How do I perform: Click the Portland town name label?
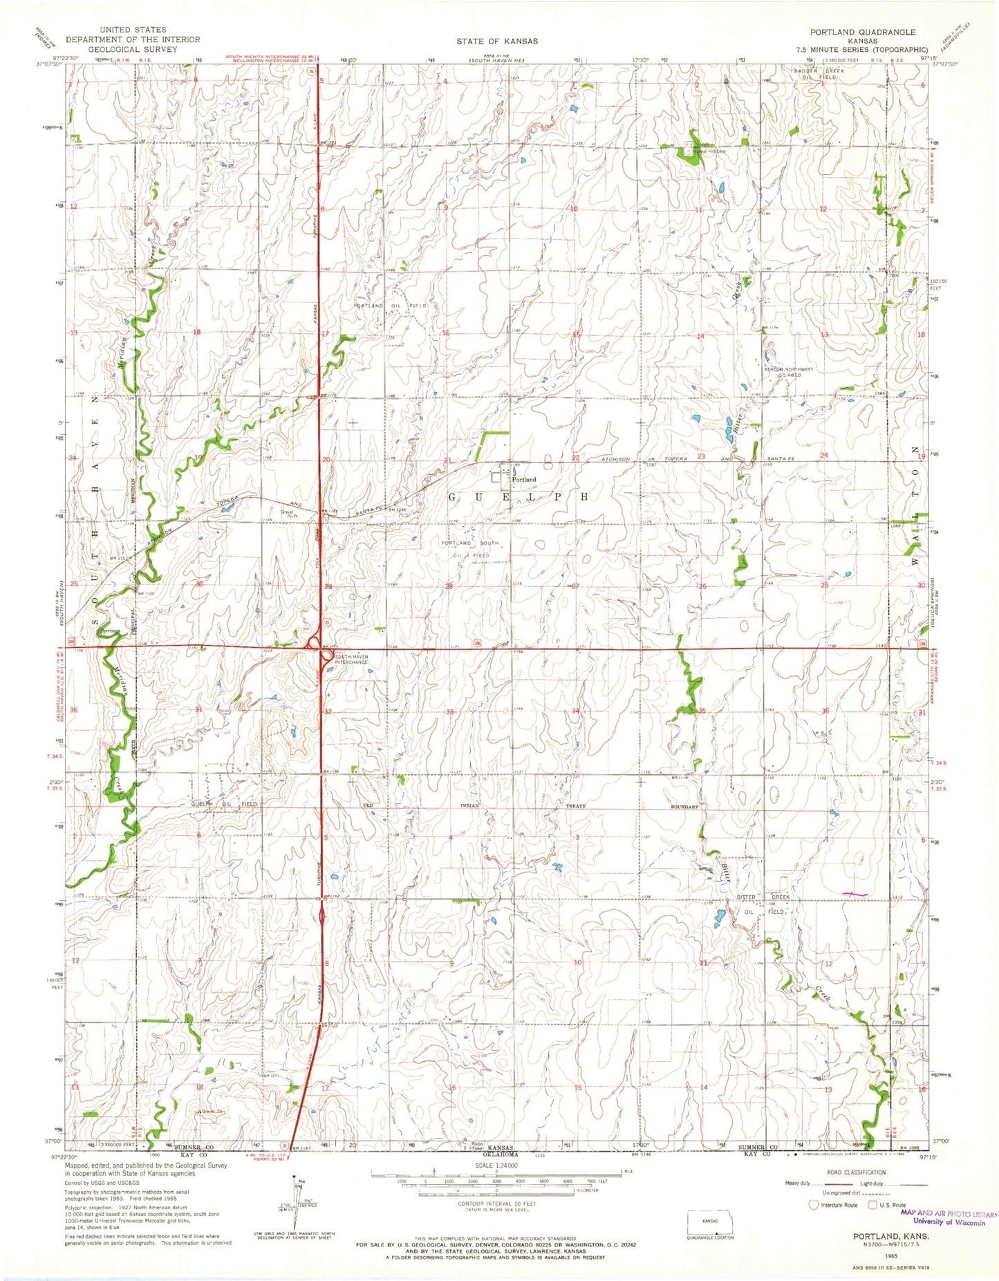tap(524, 479)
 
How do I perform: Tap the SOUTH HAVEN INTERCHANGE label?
tap(351, 660)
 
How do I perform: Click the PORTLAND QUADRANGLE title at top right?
tap(864, 32)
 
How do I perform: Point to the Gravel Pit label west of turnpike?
tap(288, 514)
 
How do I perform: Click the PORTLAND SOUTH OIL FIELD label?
tap(470, 549)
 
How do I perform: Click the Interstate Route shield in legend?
tap(814, 1205)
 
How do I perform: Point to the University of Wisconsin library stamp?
tap(949, 1217)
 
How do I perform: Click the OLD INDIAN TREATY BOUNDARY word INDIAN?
tap(475, 806)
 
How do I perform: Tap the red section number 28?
tap(449, 586)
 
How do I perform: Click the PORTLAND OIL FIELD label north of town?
tap(392, 305)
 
